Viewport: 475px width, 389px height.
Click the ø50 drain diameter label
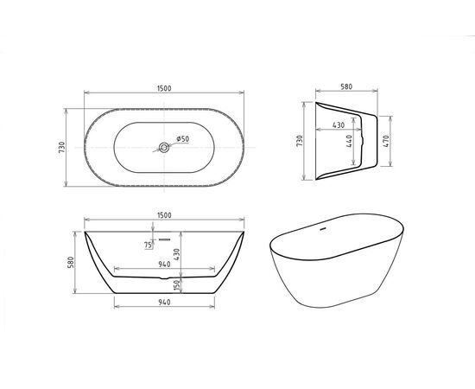coord(183,138)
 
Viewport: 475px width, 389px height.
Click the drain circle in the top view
coord(163,148)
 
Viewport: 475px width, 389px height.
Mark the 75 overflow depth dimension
coord(148,245)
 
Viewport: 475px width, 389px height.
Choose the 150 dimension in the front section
coord(176,285)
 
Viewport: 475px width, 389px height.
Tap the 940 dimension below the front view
coord(163,303)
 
